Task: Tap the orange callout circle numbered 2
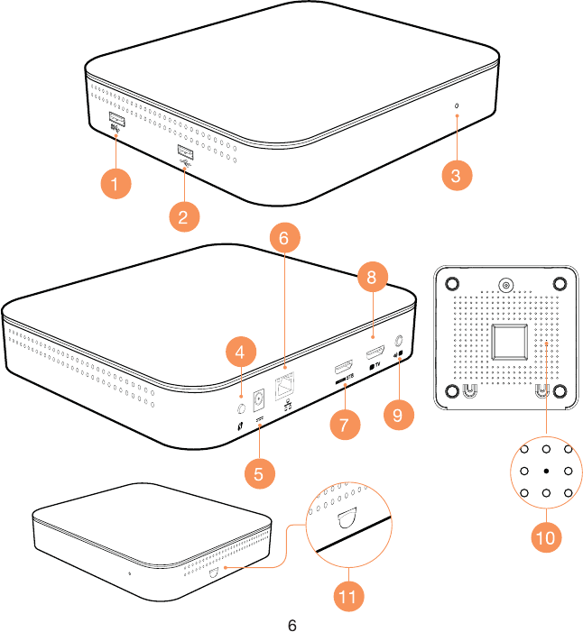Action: click(183, 216)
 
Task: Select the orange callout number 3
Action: click(457, 176)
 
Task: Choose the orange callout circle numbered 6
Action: click(283, 239)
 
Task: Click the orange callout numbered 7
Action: click(344, 424)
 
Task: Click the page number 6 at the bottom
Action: click(291, 625)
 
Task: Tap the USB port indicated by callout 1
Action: click(116, 119)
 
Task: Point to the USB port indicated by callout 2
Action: click(184, 151)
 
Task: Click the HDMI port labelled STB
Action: click(343, 369)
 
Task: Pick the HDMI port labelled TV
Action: click(375, 350)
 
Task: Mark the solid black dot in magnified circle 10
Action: click(546, 472)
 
